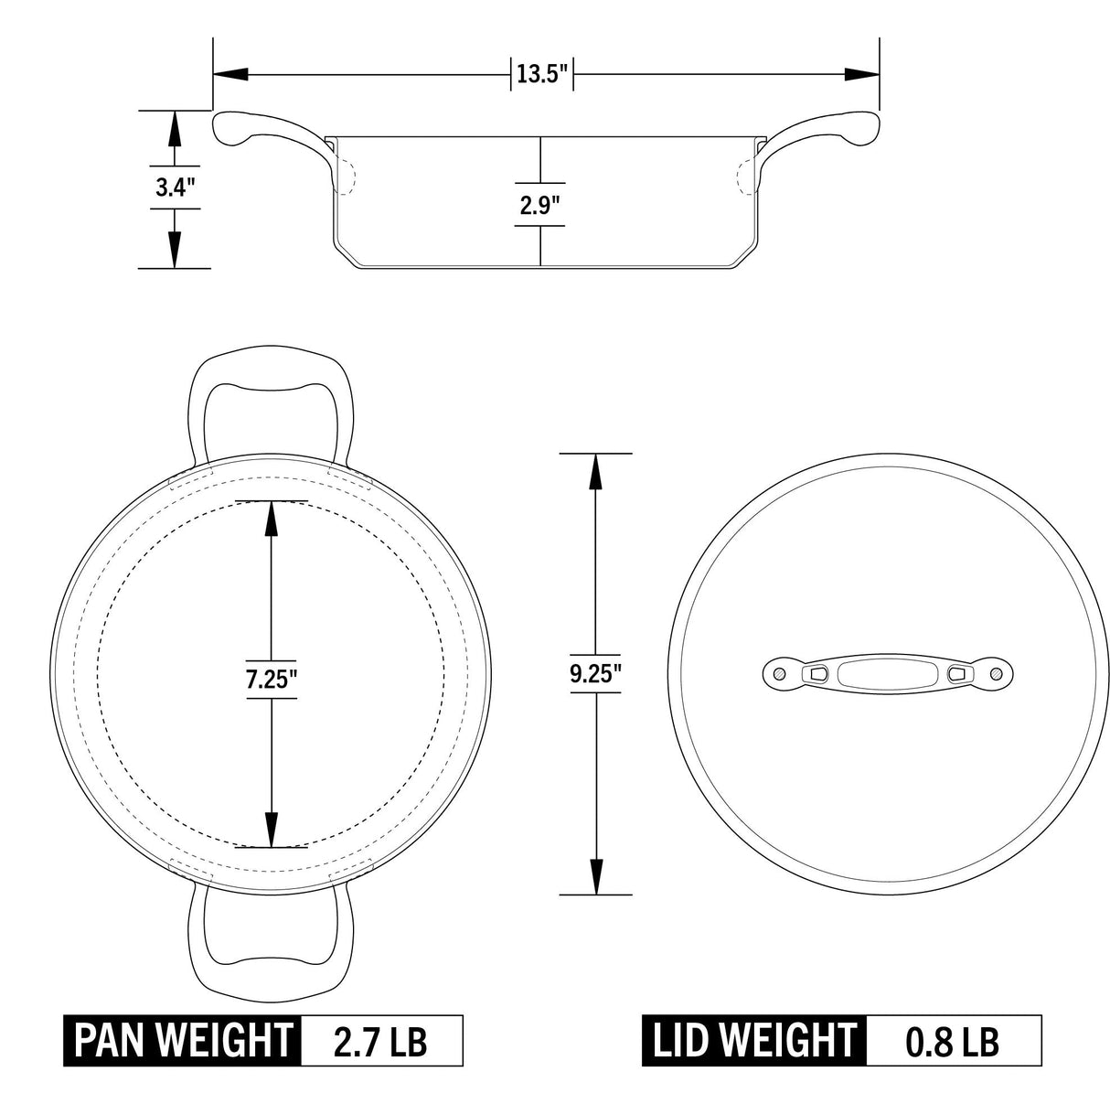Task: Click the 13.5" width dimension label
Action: point(542,74)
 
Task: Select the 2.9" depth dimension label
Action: point(539,207)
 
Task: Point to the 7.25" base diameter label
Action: point(271,680)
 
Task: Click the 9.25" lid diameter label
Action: point(595,675)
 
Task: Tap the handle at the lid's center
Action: point(887,674)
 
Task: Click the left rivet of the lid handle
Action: point(779,674)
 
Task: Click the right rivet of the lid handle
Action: point(996,674)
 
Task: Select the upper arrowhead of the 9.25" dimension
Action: point(595,472)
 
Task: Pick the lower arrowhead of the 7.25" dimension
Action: point(271,829)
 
